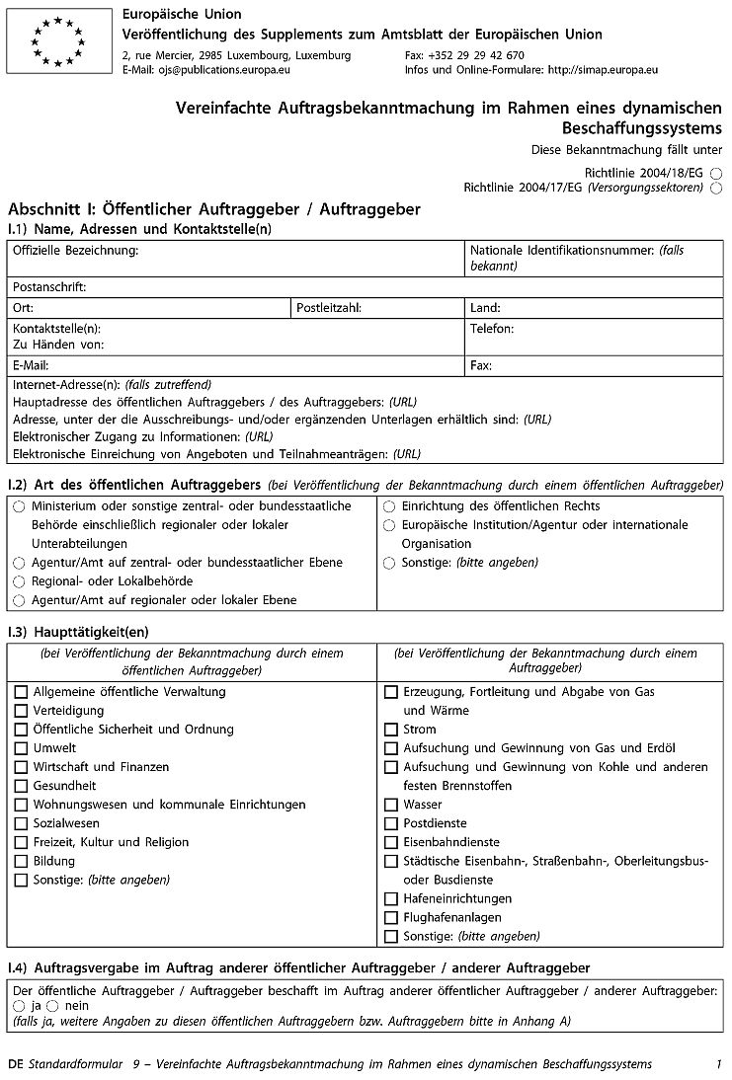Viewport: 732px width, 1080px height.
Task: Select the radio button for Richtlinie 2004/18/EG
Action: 715,172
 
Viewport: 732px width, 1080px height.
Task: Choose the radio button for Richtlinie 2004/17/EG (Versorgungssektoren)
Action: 715,188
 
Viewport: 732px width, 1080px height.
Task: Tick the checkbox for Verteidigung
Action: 21,711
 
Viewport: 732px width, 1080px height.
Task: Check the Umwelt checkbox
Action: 21,748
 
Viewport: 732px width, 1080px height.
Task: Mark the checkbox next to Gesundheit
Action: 21,786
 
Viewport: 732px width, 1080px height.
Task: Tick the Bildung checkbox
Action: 21,861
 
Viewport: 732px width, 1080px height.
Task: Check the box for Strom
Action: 391,730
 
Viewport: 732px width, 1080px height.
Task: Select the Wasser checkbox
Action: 391,805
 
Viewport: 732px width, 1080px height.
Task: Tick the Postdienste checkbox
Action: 391,823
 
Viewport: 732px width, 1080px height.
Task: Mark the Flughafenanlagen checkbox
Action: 391,917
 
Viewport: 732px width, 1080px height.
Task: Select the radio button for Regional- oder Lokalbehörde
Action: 19,581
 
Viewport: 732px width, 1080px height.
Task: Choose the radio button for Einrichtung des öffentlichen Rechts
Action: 389,506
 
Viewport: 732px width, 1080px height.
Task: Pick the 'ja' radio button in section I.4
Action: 19,1005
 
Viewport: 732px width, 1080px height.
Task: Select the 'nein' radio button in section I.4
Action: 52,1005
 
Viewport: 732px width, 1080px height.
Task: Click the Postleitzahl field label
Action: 329,308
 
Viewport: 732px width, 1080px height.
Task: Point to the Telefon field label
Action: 492,328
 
